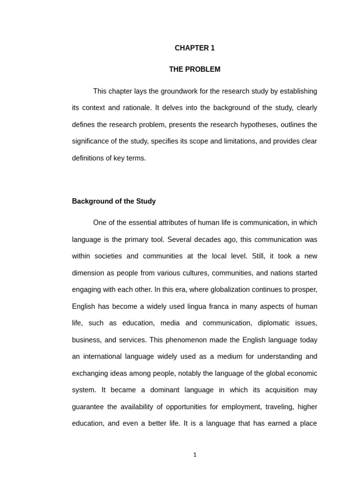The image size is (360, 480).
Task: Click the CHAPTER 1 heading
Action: (x=195, y=48)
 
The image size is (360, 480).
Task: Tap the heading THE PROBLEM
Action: (x=195, y=69)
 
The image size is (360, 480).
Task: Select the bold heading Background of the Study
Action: (x=114, y=201)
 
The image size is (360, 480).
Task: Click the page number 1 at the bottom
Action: (x=195, y=455)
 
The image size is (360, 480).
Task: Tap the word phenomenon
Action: (x=172, y=340)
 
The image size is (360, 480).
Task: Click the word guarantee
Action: (x=88, y=406)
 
